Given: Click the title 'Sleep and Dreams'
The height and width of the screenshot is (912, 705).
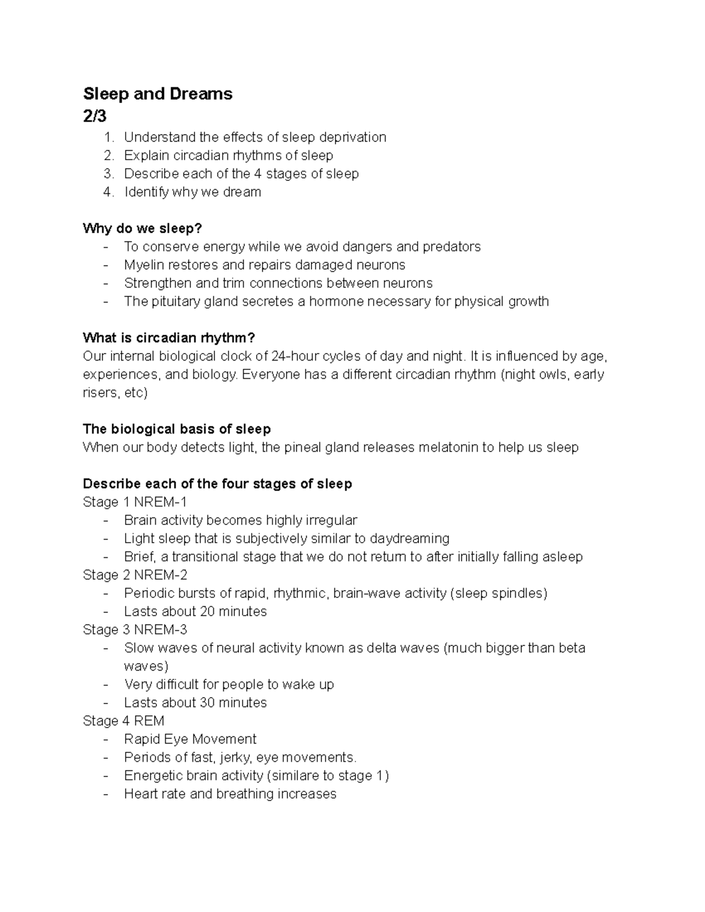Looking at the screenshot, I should click(157, 94).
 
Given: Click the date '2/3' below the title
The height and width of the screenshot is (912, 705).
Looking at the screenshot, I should click(95, 116).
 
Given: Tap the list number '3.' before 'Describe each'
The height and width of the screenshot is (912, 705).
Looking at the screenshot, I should click(108, 174).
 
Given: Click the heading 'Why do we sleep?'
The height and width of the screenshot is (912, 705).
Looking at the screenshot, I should click(142, 228).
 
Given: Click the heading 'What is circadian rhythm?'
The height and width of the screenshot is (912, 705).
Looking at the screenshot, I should click(169, 338).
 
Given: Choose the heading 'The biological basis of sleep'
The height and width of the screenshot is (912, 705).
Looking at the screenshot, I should click(177, 429).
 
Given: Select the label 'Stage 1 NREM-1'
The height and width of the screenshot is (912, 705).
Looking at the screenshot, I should click(135, 502).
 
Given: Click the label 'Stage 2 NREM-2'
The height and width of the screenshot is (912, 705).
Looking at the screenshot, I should click(135, 575).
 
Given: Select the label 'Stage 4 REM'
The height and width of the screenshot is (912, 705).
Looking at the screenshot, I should click(123, 721).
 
